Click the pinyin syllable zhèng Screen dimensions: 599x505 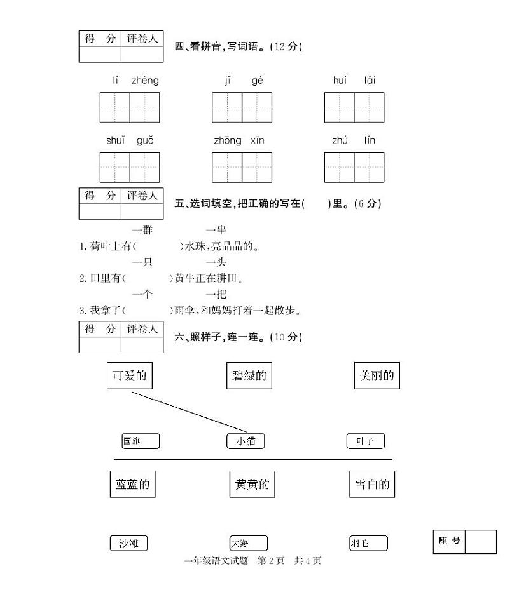coord(145,81)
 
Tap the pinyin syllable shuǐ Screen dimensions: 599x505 coord(116,140)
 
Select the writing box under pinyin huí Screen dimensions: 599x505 coord(339,107)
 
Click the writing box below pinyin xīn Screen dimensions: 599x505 coord(257,167)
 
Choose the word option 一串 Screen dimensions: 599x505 coord(216,230)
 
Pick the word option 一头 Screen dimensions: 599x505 coord(216,262)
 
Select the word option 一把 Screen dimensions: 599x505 coord(216,294)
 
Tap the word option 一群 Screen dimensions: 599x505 coord(142,230)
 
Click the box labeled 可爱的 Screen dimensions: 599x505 coord(130,375)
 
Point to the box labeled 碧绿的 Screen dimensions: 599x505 coord(249,376)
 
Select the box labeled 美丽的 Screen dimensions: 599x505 coord(377,375)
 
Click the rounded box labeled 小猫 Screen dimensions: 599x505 coord(246,441)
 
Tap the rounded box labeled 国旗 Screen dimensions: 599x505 coord(141,441)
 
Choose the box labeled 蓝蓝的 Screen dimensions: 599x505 coord(132,485)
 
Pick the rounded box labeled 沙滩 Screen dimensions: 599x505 coord(128,543)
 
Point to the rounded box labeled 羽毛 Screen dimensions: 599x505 coord(368,544)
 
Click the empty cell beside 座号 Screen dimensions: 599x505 coord(480,542)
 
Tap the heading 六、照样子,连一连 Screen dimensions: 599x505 coord(239,337)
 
